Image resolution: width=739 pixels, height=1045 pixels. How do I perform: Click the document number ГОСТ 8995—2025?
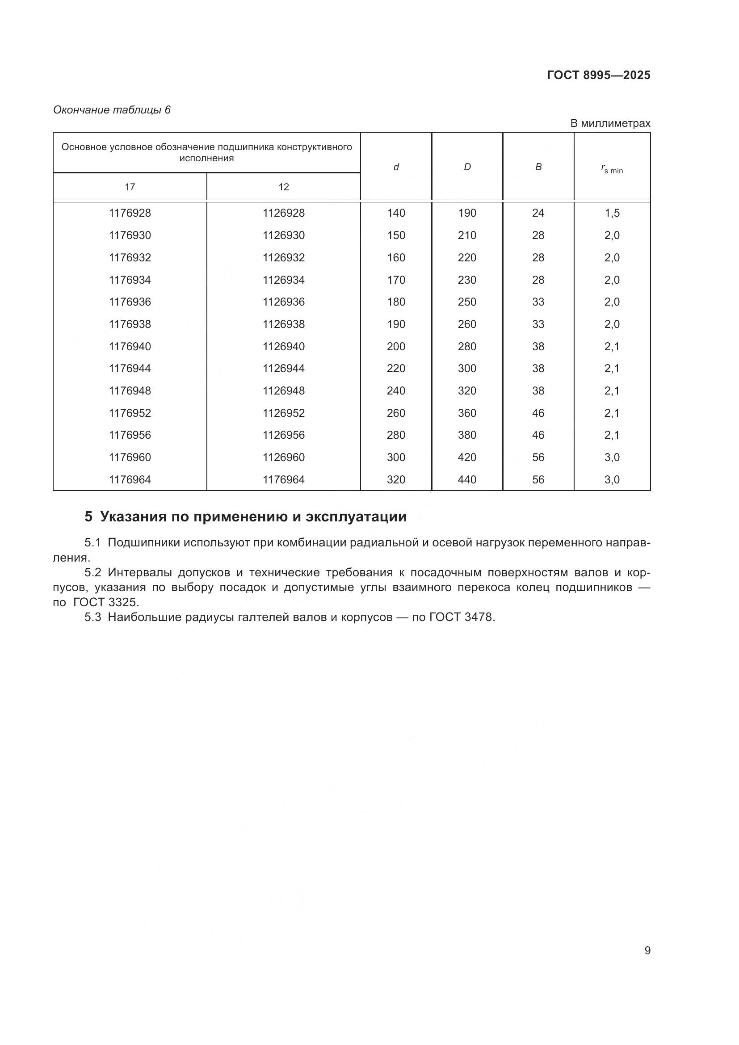tap(598, 75)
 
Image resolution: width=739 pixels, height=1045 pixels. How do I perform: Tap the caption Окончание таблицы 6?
tap(112, 110)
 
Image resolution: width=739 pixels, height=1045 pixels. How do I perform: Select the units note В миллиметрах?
tap(610, 123)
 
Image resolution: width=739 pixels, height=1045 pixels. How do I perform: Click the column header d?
tap(396, 167)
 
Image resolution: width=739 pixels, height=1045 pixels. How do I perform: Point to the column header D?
tap(467, 167)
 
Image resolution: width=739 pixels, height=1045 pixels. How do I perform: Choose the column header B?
tap(538, 167)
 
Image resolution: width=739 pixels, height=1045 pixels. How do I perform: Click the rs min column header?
tap(612, 169)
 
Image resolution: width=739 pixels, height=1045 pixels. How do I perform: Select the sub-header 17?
tap(130, 187)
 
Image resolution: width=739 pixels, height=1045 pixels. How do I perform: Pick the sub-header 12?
tap(284, 187)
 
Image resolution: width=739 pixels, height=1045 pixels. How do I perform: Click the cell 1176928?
tap(130, 213)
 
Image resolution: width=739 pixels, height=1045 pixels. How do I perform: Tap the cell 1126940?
tap(284, 346)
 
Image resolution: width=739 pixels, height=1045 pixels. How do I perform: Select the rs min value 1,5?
tap(612, 213)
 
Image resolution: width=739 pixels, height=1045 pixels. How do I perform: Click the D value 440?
tap(467, 479)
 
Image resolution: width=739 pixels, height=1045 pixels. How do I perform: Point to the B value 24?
tap(538, 213)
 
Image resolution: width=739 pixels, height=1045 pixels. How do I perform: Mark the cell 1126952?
tap(284, 413)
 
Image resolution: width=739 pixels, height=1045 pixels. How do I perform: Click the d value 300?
tap(396, 457)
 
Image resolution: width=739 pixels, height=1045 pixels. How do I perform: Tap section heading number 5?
tap(88, 516)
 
